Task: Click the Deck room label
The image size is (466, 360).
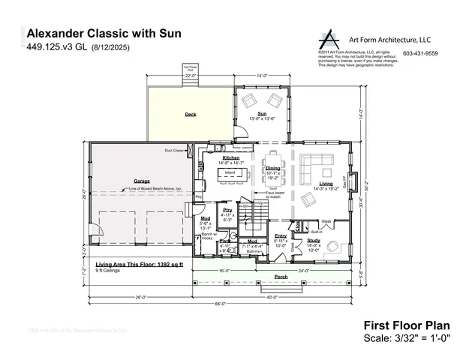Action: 191,115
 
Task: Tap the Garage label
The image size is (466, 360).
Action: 142,181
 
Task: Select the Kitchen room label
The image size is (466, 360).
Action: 231,158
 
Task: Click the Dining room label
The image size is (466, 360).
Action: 272,169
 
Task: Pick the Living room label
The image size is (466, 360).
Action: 326,184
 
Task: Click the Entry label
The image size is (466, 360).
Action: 281,235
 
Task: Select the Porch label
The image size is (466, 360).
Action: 281,277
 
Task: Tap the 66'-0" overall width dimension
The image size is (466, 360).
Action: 221,304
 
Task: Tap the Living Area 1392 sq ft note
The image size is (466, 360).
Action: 137,265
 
